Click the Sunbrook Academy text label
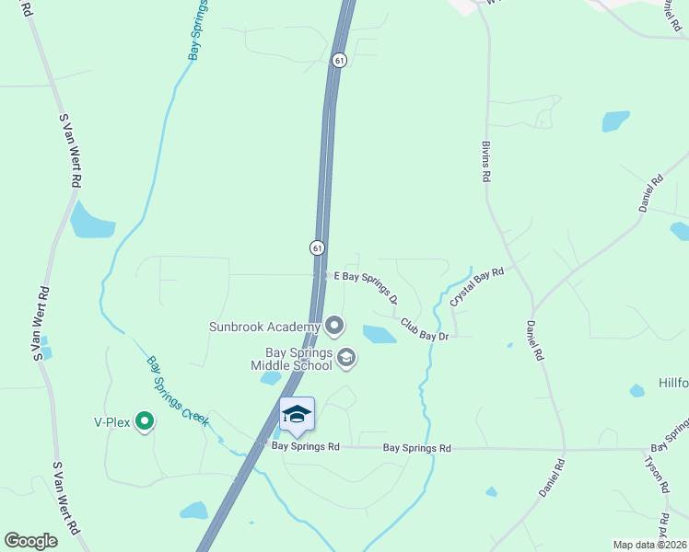264,326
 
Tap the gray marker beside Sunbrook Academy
334,325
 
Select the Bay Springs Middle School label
291,359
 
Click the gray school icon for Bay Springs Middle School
346,358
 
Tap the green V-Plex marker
144,421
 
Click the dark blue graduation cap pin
297,415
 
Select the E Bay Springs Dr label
367,286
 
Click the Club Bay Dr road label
424,331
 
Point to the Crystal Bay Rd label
477,286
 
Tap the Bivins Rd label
485,162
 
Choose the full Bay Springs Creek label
178,391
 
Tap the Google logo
30,541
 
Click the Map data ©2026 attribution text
649,545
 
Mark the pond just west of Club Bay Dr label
379,334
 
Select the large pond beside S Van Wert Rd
90,221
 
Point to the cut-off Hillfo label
673,382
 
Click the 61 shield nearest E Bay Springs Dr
317,247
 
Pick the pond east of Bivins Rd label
615,121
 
